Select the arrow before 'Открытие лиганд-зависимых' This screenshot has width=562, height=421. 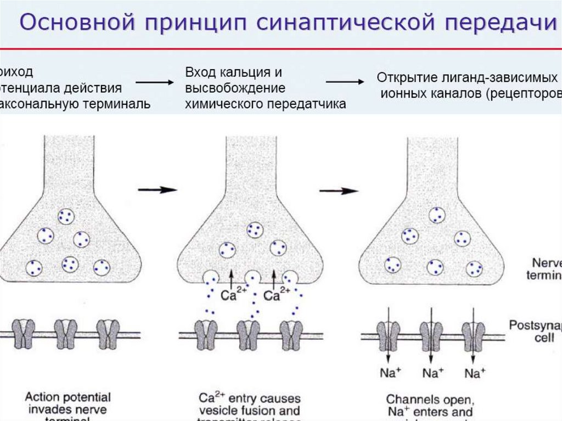pyautogui.click(x=345, y=82)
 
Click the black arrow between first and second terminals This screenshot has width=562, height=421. pyautogui.click(x=157, y=190)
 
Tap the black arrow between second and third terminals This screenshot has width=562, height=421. pyautogui.click(x=339, y=190)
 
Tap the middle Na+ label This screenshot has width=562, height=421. pyautogui.click(x=432, y=373)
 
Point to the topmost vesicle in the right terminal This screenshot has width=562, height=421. pyautogui.click(x=437, y=215)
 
